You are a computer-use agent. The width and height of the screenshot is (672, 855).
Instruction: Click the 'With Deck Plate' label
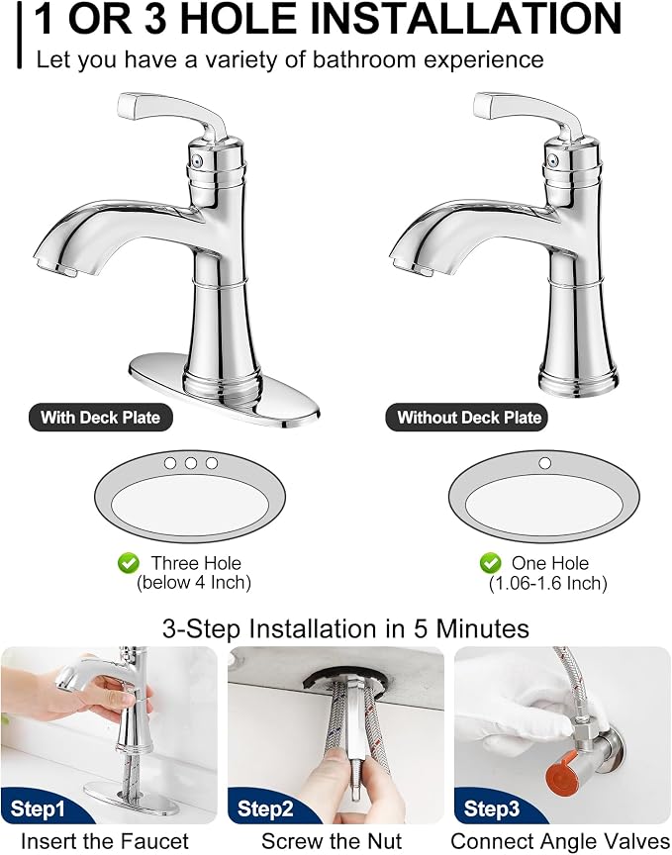tap(100, 418)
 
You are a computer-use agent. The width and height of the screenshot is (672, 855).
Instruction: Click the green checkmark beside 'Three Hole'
tap(129, 563)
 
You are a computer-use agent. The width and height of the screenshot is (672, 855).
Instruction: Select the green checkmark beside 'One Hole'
tap(490, 563)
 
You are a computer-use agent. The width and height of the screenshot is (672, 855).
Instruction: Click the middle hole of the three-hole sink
tap(190, 463)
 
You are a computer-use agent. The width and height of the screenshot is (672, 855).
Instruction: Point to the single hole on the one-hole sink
tap(544, 463)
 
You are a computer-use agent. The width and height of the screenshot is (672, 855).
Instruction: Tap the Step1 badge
tap(39, 808)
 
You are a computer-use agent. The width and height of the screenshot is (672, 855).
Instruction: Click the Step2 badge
tap(265, 808)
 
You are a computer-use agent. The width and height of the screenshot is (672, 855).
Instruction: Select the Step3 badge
tap(492, 808)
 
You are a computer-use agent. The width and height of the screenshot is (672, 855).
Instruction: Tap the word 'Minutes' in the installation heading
tap(482, 628)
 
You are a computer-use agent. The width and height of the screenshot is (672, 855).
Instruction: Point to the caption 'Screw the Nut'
tap(332, 841)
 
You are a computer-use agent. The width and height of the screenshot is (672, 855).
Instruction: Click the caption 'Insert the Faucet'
tap(105, 841)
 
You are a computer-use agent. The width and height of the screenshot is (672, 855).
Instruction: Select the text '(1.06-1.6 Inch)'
tap(547, 584)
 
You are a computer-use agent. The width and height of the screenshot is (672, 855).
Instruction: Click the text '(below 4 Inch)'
tap(194, 583)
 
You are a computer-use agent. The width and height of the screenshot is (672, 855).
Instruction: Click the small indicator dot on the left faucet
tap(199, 161)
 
